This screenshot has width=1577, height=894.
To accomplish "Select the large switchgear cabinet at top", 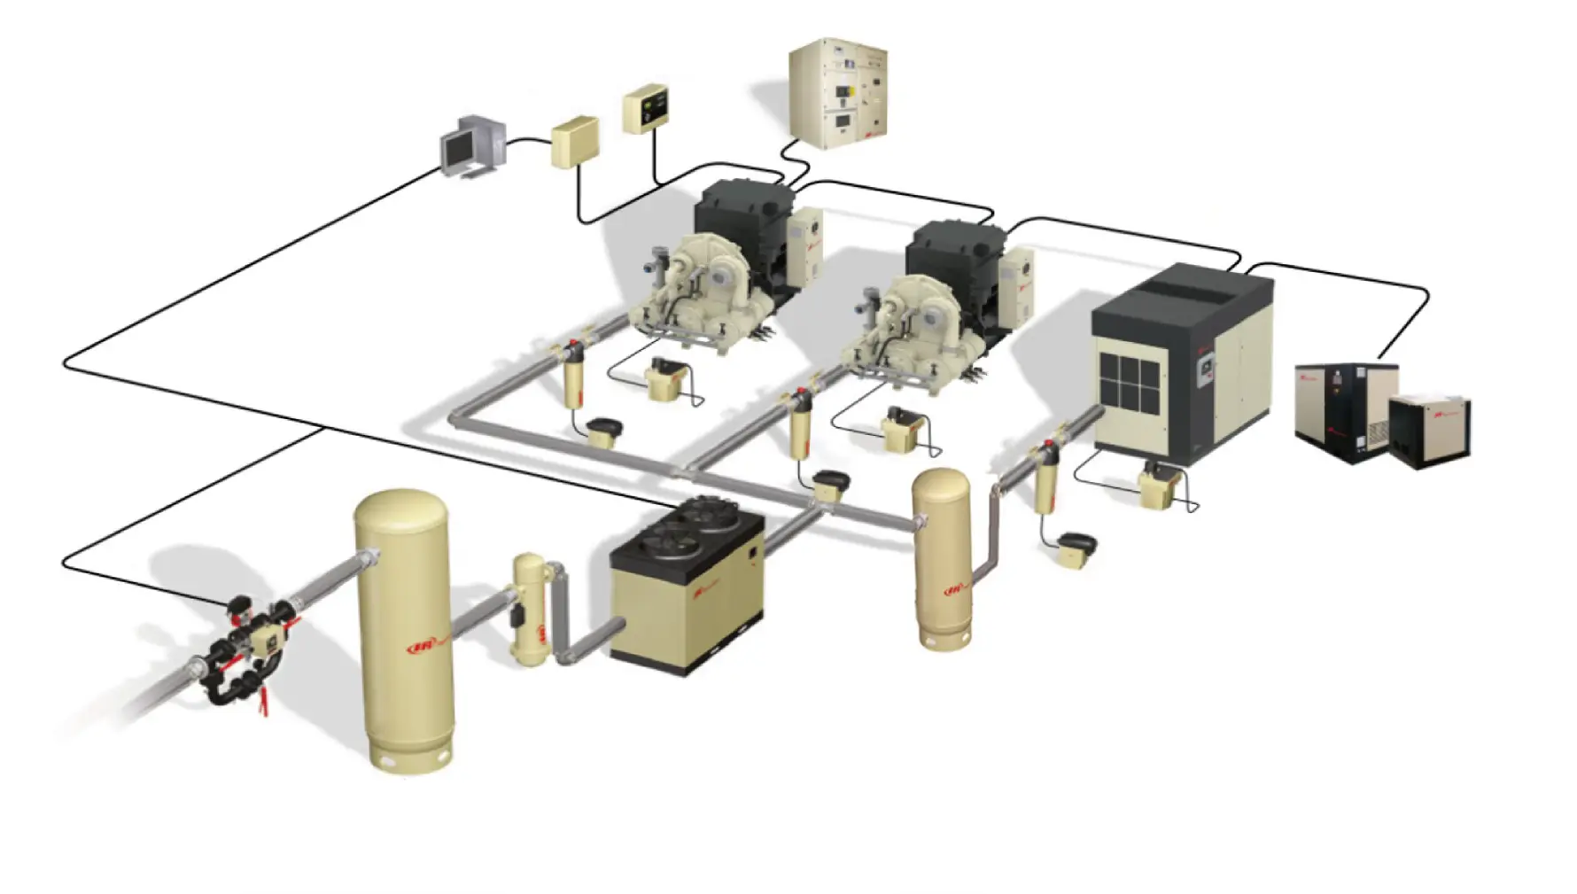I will pos(837,92).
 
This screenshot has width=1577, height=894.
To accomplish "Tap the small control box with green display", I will pos(645,108).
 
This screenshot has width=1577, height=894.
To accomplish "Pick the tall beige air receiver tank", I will pos(406,629).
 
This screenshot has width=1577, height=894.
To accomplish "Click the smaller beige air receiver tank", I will pos(942,558).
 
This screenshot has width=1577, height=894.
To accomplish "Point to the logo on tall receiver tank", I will pos(424,647).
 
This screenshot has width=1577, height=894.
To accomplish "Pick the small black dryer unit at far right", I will pos(1429,431).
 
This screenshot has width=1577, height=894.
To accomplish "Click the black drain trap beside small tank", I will pos(1074,545).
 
